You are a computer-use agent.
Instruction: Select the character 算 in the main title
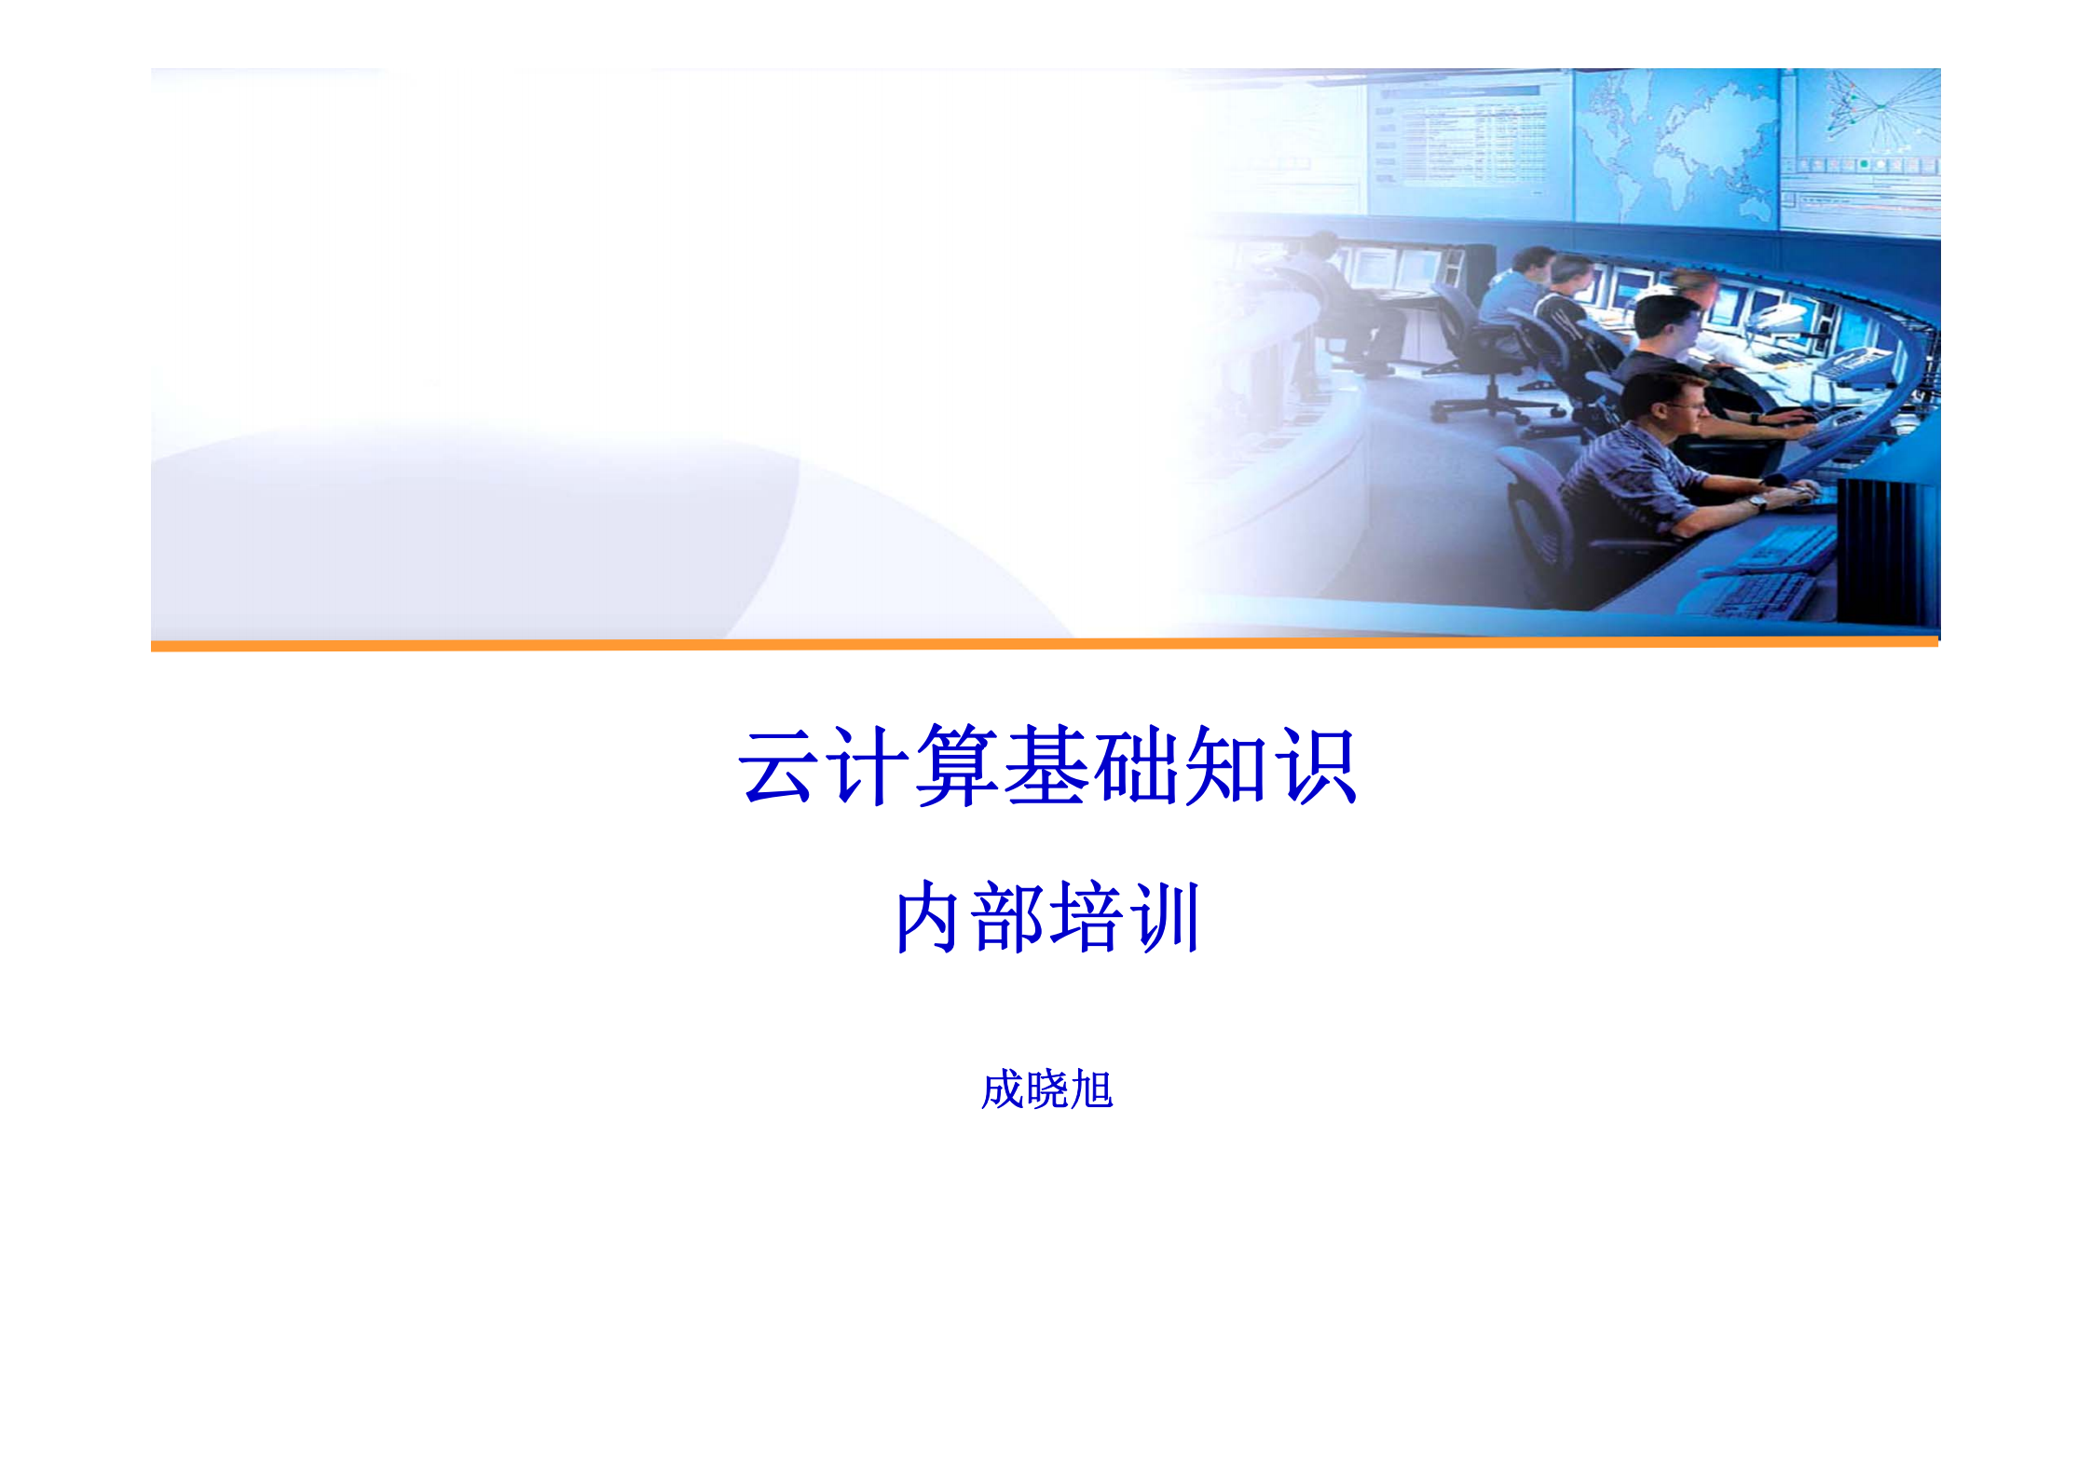(x=957, y=765)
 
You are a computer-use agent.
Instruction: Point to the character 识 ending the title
(x=1317, y=765)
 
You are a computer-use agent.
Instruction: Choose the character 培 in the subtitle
(x=1087, y=917)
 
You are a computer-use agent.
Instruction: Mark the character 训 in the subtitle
(x=1167, y=917)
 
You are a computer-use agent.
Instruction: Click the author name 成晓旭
(x=1046, y=1089)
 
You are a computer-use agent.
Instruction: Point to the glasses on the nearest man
(x=1689, y=406)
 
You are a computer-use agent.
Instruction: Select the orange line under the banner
(x=1044, y=644)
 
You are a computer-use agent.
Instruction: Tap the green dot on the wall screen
(x=1865, y=164)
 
